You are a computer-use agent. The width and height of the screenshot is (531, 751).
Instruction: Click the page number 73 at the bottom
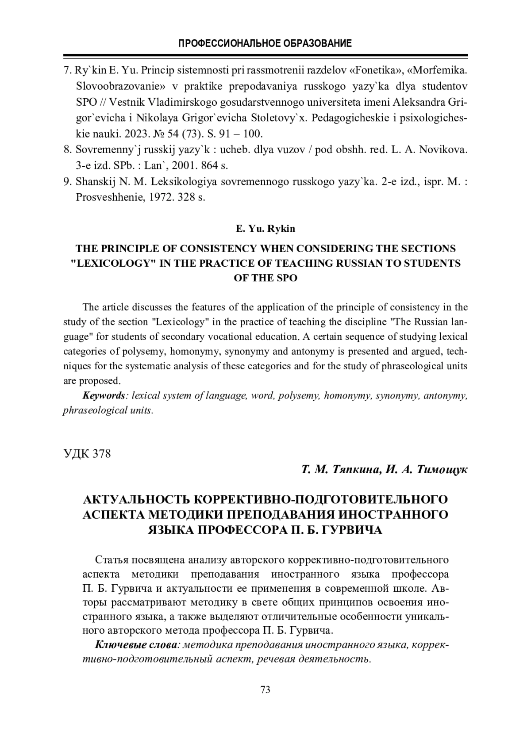265,690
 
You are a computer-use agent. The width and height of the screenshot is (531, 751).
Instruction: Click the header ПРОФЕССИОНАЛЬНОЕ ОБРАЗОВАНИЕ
265,43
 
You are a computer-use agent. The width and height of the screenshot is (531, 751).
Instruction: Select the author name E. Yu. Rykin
265,229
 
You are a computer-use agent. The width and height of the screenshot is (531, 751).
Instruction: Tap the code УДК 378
87,454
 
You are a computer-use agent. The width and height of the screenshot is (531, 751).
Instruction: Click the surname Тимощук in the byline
439,470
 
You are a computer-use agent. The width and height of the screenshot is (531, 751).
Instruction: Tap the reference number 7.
67,70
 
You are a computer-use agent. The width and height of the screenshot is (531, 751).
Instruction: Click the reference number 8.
67,149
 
